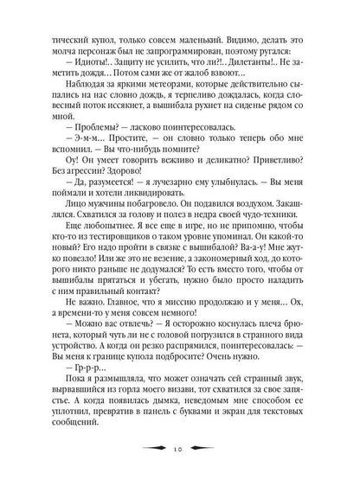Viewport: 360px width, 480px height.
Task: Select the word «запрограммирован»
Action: tap(159, 52)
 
